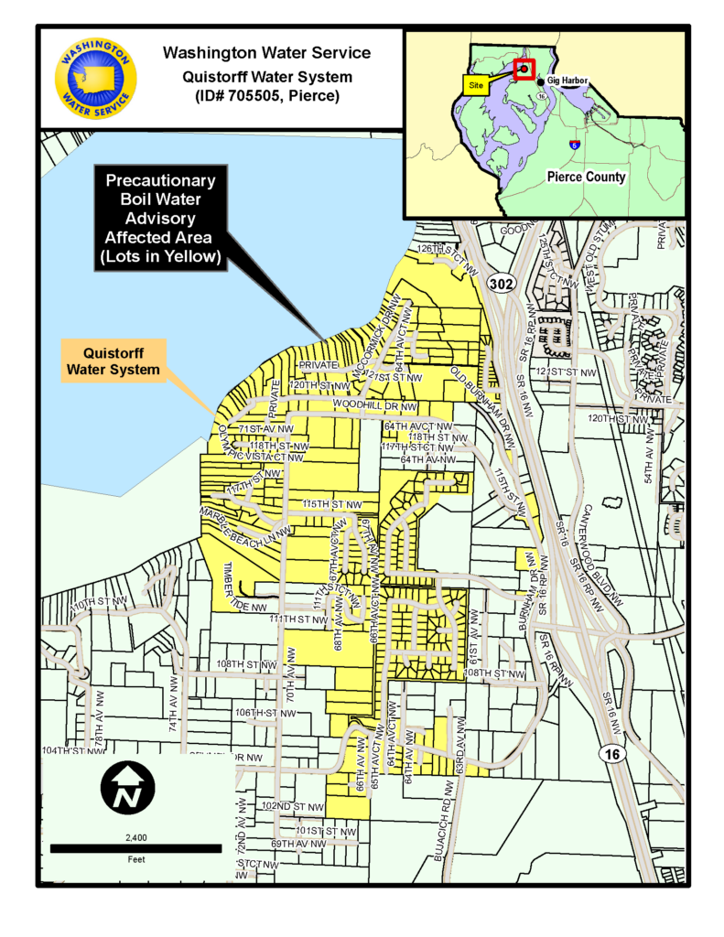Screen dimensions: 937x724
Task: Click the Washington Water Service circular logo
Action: click(95, 79)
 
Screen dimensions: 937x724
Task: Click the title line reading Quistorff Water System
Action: click(266, 75)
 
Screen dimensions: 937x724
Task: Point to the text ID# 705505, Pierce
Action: click(266, 95)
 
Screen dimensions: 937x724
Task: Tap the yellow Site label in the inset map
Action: click(475, 84)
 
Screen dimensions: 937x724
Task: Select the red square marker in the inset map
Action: click(524, 69)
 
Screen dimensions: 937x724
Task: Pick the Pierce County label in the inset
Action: click(586, 177)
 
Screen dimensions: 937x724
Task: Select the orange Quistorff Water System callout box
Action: click(113, 361)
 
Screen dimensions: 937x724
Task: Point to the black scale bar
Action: click(135, 848)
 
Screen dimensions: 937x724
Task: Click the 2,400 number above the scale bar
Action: click(135, 836)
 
